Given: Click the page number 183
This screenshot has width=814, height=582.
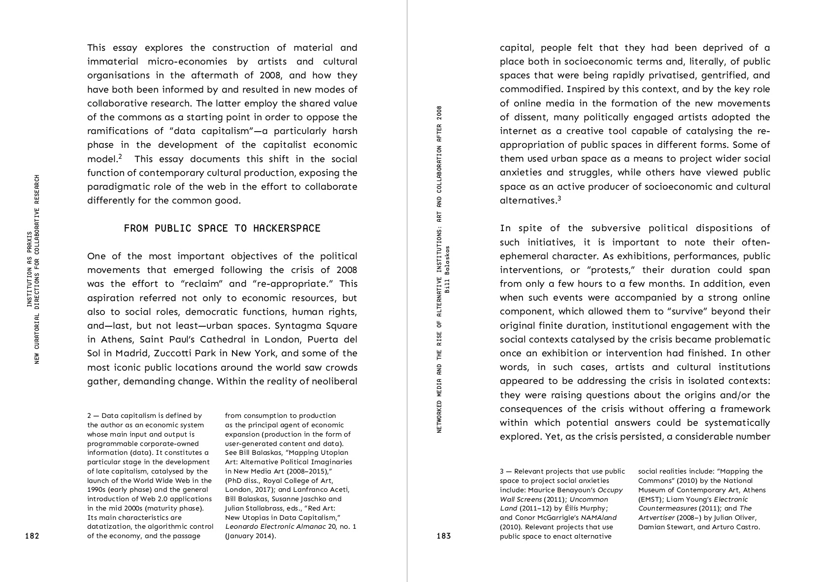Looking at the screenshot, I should point(444,536).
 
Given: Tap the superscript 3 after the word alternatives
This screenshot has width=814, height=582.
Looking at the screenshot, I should point(559,199).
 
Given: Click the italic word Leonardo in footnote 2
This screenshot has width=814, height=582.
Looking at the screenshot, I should point(241,526).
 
